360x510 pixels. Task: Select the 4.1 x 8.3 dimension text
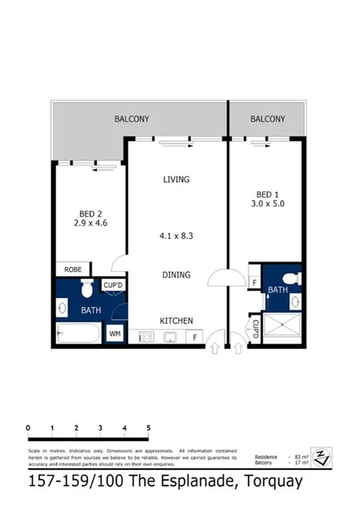(x=176, y=236)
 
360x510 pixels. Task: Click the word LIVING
(x=176, y=180)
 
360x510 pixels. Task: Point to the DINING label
(x=176, y=275)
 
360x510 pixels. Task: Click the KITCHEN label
(x=176, y=321)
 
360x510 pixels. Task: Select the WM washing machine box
(x=114, y=334)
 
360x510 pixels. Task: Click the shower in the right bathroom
(x=280, y=328)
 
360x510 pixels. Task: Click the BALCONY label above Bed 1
(x=267, y=119)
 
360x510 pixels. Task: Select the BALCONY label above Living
(x=131, y=119)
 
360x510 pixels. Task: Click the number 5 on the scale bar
(x=148, y=429)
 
